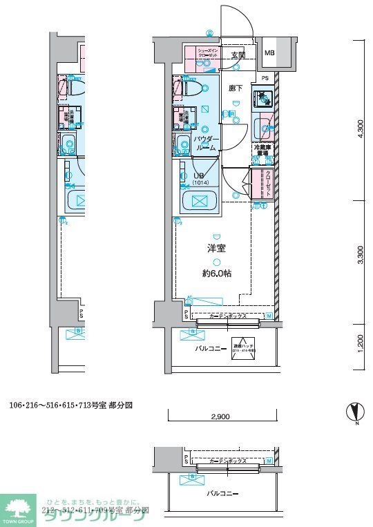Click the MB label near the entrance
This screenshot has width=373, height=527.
269,52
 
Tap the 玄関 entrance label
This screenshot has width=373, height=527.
238,55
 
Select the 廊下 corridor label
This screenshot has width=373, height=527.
235,88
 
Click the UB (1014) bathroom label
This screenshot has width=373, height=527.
198,179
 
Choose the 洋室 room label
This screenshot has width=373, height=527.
217,249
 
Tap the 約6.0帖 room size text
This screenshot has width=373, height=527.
217,274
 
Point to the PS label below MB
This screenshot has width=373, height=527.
265,78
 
